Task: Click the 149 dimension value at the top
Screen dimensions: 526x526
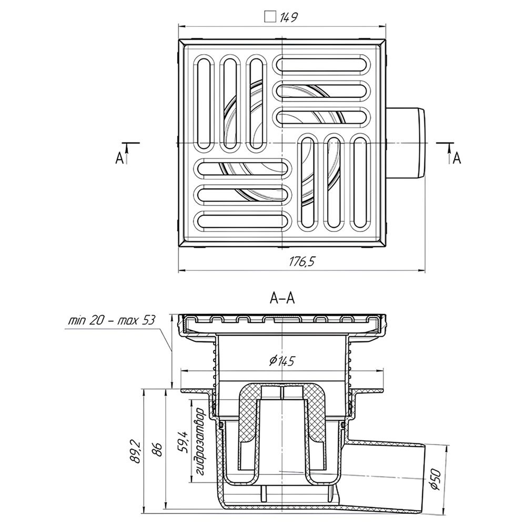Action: click(x=288, y=17)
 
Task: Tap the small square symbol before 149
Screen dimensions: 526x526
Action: click(x=270, y=17)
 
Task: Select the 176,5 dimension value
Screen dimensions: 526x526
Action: click(x=302, y=261)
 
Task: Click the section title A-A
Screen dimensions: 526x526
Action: click(x=282, y=298)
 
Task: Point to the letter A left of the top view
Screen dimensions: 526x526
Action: click(x=119, y=158)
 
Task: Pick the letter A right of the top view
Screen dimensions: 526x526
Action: click(x=457, y=158)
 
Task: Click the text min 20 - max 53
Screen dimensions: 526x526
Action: click(x=112, y=321)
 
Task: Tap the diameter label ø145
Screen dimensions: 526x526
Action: click(x=282, y=361)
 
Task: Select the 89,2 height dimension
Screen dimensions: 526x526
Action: click(x=136, y=452)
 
